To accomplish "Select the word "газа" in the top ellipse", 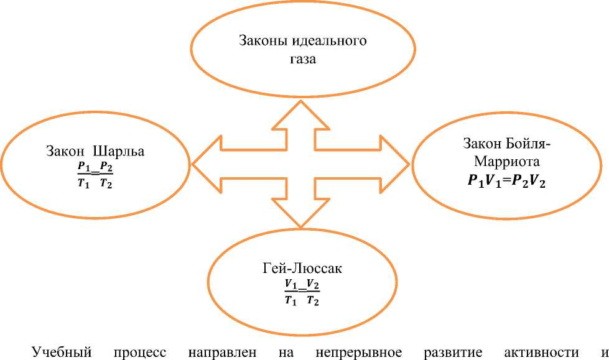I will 303,60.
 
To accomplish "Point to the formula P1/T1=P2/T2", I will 95,175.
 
